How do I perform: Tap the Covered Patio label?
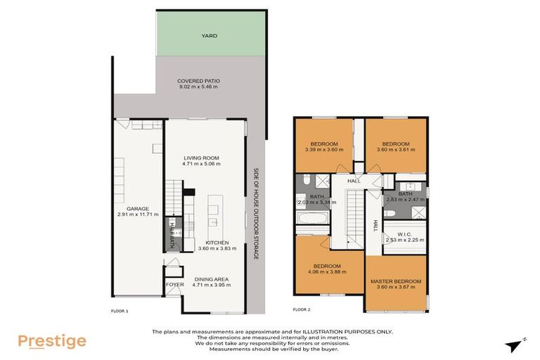[x=198, y=81]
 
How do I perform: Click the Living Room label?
[x=202, y=158]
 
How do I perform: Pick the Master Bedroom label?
[x=396, y=281]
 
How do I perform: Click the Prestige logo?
[x=52, y=341]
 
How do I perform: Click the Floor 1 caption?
[x=120, y=309]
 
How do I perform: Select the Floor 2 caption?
[x=302, y=309]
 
